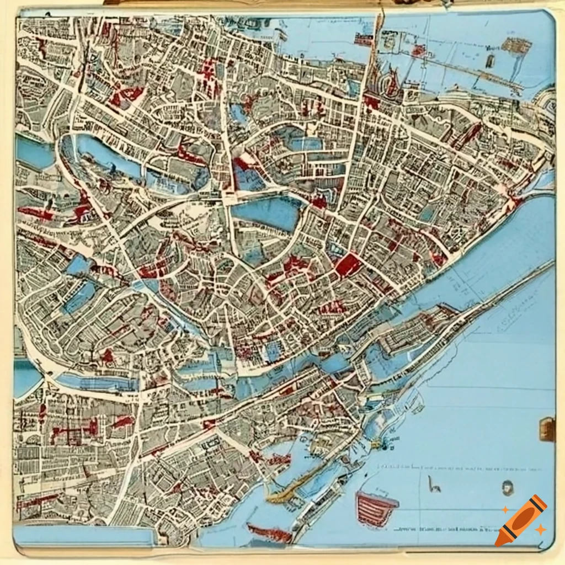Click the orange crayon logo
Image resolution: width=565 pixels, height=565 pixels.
pyautogui.click(x=520, y=520)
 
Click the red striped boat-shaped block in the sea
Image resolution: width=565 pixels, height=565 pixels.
pyautogui.click(x=377, y=507)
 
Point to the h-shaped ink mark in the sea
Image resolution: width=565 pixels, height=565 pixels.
pyautogui.click(x=434, y=485)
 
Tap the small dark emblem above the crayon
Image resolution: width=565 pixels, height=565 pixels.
pyautogui.click(x=508, y=487)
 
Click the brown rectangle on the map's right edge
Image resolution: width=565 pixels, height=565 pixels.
pyautogui.click(x=547, y=429)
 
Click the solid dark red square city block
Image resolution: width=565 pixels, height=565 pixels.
pyautogui.click(x=348, y=265)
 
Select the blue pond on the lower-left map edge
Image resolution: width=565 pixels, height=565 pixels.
pyautogui.click(x=26, y=378)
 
